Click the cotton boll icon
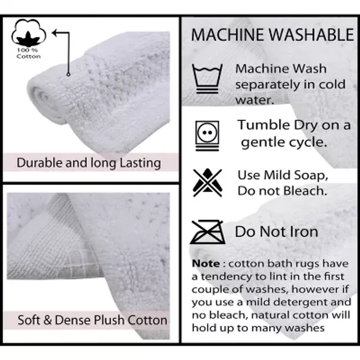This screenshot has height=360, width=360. (29, 33)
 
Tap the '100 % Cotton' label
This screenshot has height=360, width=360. (28, 53)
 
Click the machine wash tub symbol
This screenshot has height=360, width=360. (207, 79)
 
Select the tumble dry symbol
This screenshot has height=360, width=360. (207, 136)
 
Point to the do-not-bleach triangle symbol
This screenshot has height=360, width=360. (207, 183)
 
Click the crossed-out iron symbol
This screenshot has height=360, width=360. (207, 232)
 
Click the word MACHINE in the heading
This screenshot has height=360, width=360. (228, 35)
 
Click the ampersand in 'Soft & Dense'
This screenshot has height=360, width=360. (47, 320)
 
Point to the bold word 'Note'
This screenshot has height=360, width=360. (206, 263)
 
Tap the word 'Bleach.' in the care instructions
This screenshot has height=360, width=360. (305, 191)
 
